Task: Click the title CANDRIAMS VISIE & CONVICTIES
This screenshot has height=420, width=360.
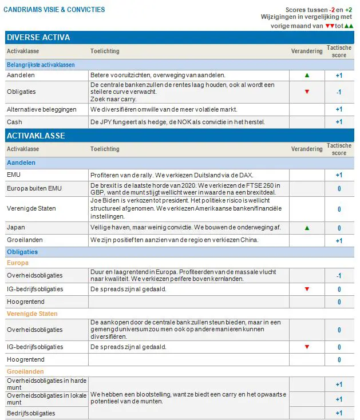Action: pyautogui.click(x=54, y=10)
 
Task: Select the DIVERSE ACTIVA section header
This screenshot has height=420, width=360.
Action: pyautogui.click(x=38, y=38)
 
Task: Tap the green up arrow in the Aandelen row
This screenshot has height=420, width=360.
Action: pyautogui.click(x=307, y=75)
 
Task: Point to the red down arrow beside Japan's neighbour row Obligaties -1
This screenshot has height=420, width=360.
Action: pyautogui.click(x=307, y=92)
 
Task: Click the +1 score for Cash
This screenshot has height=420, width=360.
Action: pyautogui.click(x=339, y=122)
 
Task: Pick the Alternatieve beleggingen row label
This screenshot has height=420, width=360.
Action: pyautogui.click(x=39, y=109)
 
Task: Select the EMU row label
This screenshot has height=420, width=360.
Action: pyautogui.click(x=14, y=175)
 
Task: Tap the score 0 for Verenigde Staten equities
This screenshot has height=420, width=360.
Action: pyautogui.click(x=339, y=209)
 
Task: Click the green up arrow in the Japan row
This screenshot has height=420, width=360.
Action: pyautogui.click(x=307, y=228)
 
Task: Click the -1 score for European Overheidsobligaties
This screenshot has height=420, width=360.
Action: pyautogui.click(x=339, y=276)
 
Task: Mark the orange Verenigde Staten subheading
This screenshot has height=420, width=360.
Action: pyautogui.click(x=32, y=314)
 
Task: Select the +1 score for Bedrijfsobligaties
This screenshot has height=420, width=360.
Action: pyautogui.click(x=339, y=413)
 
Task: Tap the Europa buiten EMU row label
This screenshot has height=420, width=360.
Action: pyautogui.click(x=34, y=188)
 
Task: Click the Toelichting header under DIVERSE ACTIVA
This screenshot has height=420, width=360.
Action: pyautogui.click(x=105, y=51)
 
